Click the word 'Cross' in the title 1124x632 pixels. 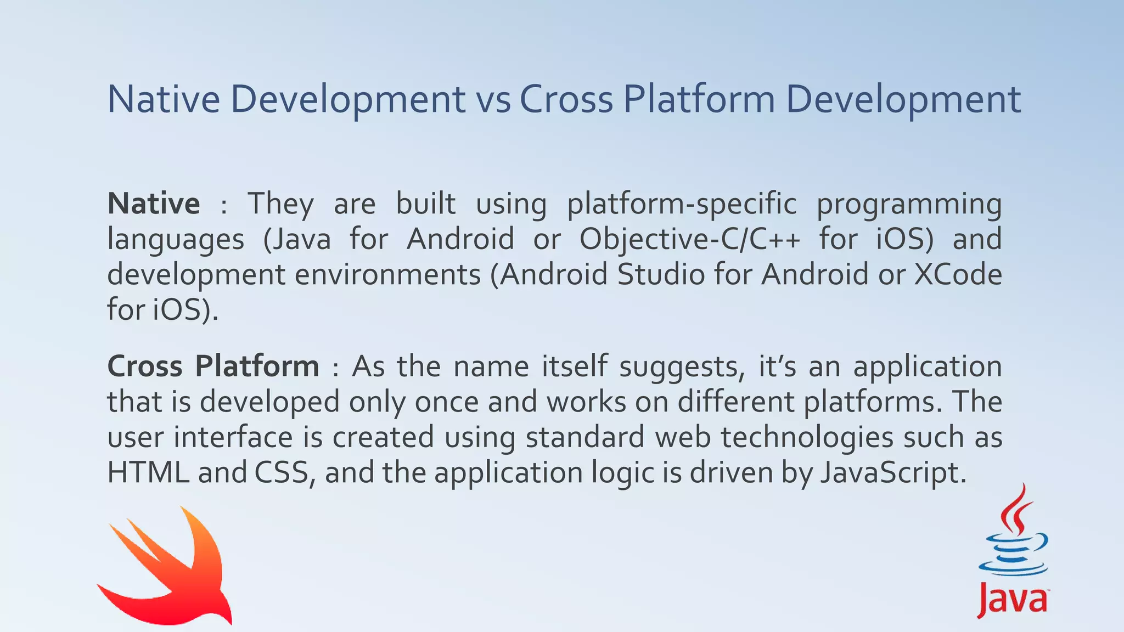[x=566, y=100]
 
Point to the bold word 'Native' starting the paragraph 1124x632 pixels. [x=154, y=204]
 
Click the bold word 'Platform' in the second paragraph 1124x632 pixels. [x=257, y=366]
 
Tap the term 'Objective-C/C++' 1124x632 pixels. [x=689, y=239]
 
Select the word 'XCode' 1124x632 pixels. [x=957, y=274]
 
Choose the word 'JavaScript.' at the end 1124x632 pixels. [x=893, y=472]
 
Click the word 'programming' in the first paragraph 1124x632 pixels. [x=909, y=204]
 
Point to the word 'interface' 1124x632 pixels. [x=233, y=437]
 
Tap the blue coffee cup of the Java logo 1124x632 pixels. [x=1013, y=554]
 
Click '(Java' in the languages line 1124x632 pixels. [x=297, y=239]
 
